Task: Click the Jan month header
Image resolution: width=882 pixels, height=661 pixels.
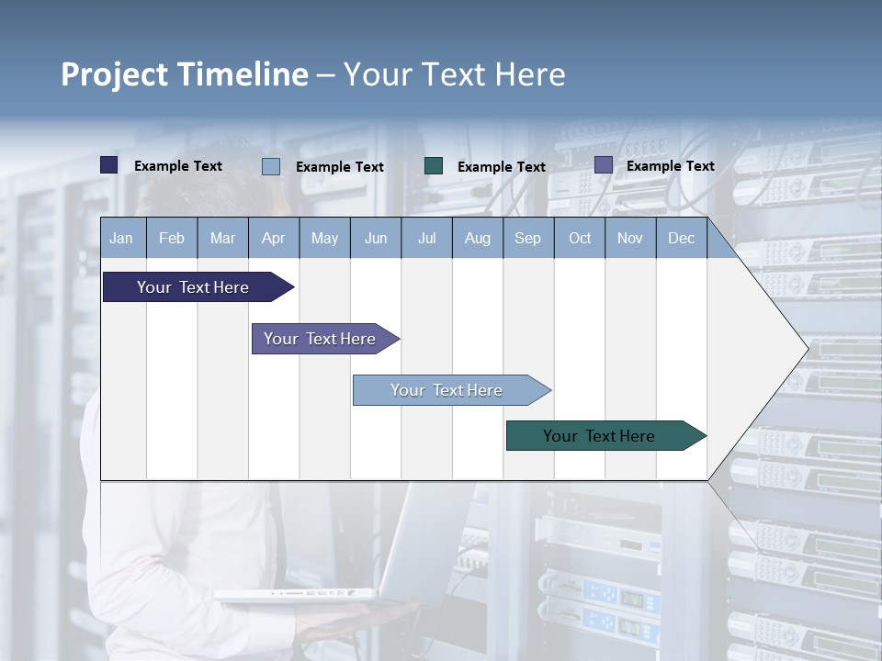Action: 122,238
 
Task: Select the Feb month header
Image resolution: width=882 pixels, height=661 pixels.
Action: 172,238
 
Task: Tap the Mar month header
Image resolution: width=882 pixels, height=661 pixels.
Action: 222,238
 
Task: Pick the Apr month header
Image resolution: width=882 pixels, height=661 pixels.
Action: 274,238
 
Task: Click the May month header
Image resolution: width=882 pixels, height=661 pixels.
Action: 324,238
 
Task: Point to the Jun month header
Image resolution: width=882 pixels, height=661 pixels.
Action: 376,238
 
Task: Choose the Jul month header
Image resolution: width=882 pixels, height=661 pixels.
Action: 426,238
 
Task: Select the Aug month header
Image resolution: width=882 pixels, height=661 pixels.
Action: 478,238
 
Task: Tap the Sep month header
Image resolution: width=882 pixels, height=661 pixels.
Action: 528,238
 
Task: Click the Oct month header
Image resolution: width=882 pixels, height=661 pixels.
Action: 580,238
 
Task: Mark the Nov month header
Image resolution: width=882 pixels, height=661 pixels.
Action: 630,238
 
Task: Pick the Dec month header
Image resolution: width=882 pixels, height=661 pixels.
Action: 682,238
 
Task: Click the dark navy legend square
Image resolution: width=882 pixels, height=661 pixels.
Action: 109,165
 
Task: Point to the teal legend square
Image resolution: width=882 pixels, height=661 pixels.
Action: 434,166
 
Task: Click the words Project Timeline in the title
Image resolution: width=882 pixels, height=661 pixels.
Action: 185,74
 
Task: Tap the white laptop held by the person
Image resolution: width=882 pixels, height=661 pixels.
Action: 303,594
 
